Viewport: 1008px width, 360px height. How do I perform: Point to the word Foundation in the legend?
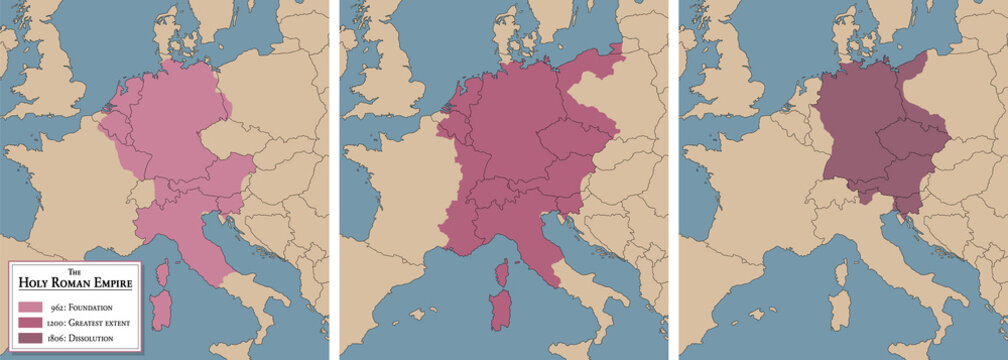[x=96, y=308]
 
